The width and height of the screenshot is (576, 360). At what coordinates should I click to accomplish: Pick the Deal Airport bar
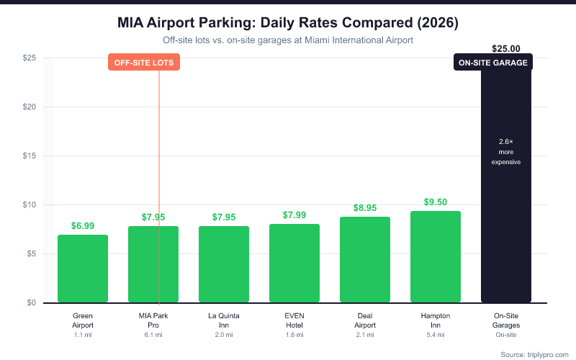365,260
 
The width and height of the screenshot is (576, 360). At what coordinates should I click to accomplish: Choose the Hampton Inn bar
436,257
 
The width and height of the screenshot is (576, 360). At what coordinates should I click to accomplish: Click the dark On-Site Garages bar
506,216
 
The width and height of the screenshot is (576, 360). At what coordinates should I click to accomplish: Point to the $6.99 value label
83,225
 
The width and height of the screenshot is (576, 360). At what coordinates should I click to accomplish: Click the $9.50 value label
436,202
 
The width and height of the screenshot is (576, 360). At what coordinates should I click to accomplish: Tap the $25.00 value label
506,49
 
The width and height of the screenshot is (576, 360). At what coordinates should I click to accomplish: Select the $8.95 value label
365,207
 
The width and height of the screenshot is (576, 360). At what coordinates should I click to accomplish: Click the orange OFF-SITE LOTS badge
144,63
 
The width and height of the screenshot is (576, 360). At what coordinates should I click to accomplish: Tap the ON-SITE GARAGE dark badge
493,63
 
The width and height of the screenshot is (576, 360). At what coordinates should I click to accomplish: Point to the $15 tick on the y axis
30,156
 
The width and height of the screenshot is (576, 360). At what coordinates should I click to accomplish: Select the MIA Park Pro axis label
153,320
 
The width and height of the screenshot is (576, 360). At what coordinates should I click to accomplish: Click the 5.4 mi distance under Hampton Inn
436,335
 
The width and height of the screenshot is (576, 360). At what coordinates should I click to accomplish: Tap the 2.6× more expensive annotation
506,152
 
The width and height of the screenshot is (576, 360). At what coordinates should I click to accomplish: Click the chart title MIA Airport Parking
288,23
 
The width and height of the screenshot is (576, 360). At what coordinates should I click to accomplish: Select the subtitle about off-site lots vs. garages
288,40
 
